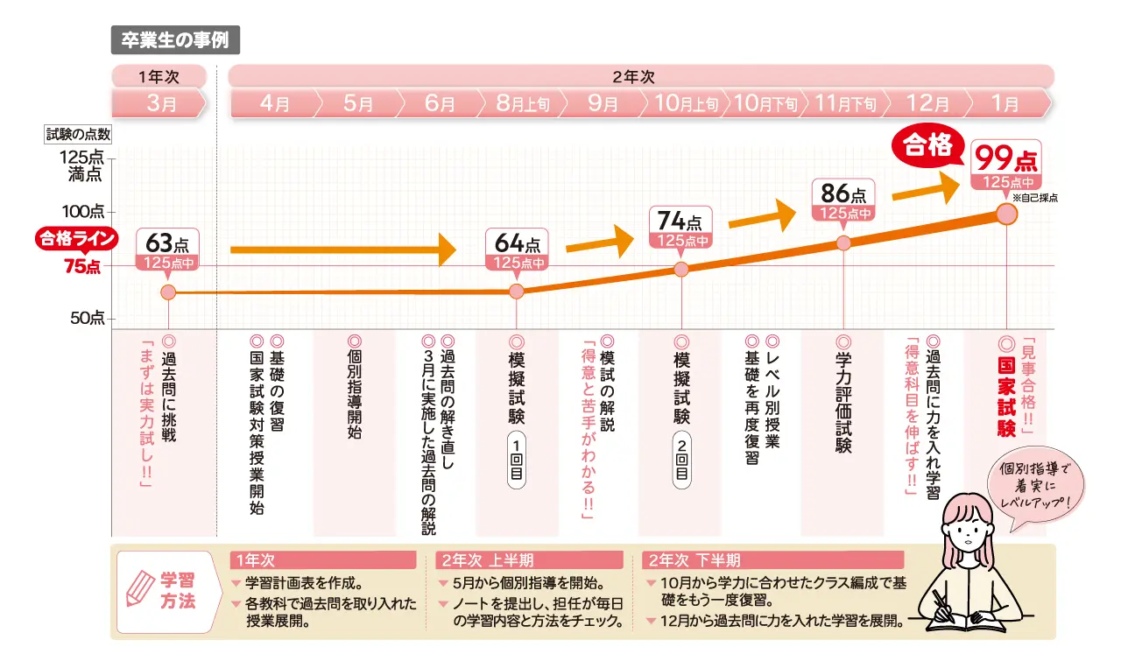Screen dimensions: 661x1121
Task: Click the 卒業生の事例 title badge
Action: coord(175,40)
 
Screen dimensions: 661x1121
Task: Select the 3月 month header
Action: coord(160,104)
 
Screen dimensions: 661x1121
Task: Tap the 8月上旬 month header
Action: coord(522,104)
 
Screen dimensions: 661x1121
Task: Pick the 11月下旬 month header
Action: coord(844,104)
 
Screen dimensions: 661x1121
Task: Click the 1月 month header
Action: coord(1005,104)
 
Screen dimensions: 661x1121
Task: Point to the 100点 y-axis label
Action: coord(84,212)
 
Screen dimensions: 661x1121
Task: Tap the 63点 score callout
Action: coord(168,250)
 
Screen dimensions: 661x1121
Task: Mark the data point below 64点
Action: coord(517,292)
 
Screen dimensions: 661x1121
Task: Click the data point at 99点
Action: coord(1007,214)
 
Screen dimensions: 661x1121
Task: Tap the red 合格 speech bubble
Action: coord(927,146)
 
